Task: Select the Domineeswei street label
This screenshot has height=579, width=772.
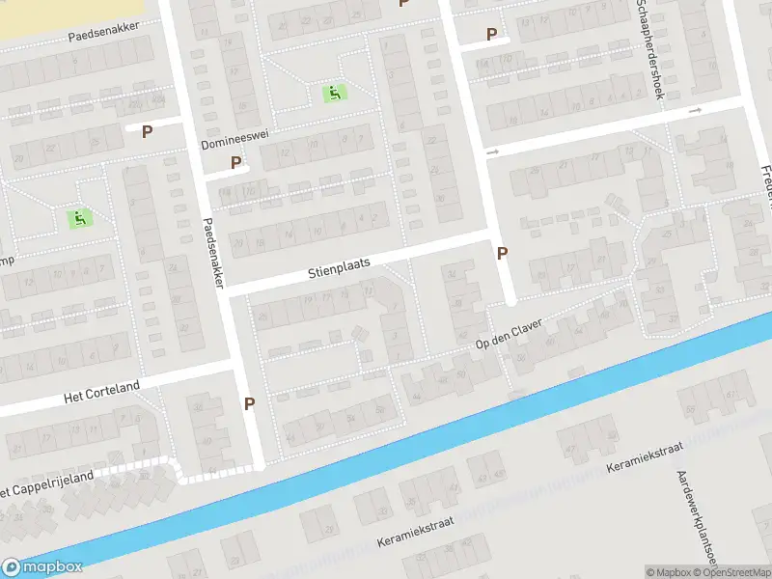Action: point(234,143)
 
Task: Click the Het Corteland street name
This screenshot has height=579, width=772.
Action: point(101,392)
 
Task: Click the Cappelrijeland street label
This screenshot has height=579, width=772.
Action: point(48,482)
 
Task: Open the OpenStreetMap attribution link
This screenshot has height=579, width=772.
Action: point(735,572)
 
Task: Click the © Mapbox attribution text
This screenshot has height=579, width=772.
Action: point(668,572)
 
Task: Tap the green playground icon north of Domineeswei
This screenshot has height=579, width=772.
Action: point(335,93)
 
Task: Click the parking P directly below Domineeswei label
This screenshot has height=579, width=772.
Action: point(236,163)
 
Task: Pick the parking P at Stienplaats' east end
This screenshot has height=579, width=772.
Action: point(502,253)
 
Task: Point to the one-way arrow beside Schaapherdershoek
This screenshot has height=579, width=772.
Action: point(695,111)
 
